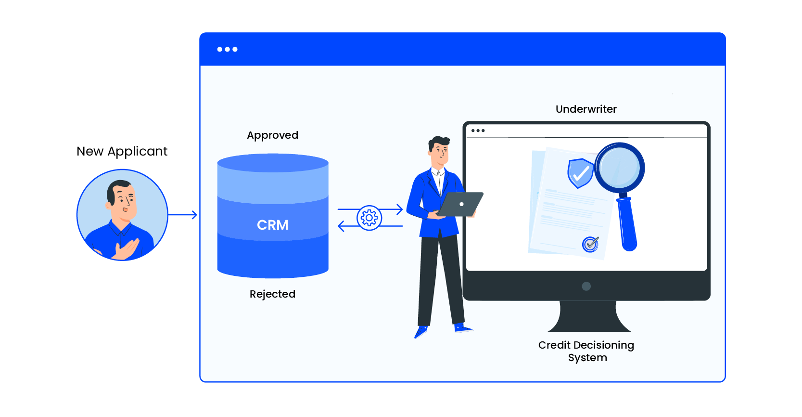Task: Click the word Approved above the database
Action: tap(272, 135)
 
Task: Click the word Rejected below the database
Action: tap(272, 294)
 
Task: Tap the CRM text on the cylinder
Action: tap(272, 225)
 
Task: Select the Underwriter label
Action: tap(586, 109)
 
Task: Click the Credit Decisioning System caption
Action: tap(586, 351)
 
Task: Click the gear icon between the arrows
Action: tap(369, 218)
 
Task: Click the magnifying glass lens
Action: tap(619, 167)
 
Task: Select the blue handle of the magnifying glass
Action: tap(627, 224)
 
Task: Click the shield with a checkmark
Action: tap(580, 173)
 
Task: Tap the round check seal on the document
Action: tap(590, 244)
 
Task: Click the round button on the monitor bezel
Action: tap(586, 287)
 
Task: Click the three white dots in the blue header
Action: tap(227, 49)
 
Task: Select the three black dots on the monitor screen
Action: tap(478, 130)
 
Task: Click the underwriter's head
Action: tap(439, 149)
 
